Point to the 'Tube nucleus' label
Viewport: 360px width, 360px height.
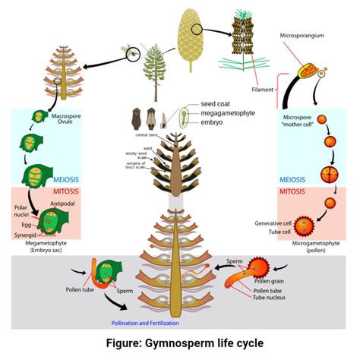point(271,297)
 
